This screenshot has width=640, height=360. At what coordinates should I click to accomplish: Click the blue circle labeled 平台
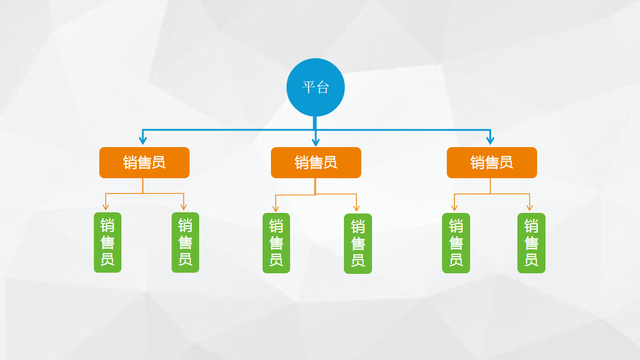pyautogui.click(x=315, y=87)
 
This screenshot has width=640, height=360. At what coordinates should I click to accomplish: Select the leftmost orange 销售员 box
pyautogui.click(x=144, y=163)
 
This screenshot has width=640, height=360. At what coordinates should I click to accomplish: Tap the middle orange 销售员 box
pyautogui.click(x=315, y=163)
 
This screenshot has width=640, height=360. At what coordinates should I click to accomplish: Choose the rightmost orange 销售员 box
pyautogui.click(x=491, y=163)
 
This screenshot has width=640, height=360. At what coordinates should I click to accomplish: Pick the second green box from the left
pyautogui.click(x=185, y=242)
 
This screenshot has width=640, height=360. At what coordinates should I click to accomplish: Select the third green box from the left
pyautogui.click(x=275, y=242)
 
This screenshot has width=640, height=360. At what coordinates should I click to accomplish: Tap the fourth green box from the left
pyautogui.click(x=356, y=242)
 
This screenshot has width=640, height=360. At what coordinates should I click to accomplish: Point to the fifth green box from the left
pyautogui.click(x=455, y=242)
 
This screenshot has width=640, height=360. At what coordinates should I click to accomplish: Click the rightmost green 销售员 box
pyautogui.click(x=532, y=242)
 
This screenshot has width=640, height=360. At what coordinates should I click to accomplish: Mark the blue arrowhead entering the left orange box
pyautogui.click(x=143, y=141)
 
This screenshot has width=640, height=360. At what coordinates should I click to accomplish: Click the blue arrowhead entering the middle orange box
pyautogui.click(x=315, y=141)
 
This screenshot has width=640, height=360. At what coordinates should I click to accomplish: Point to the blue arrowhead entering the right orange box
pyautogui.click(x=490, y=141)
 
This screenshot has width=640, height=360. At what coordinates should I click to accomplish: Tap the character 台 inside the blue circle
pyautogui.click(x=323, y=87)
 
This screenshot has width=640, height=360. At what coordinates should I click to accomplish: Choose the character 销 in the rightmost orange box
pyautogui.click(x=477, y=163)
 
